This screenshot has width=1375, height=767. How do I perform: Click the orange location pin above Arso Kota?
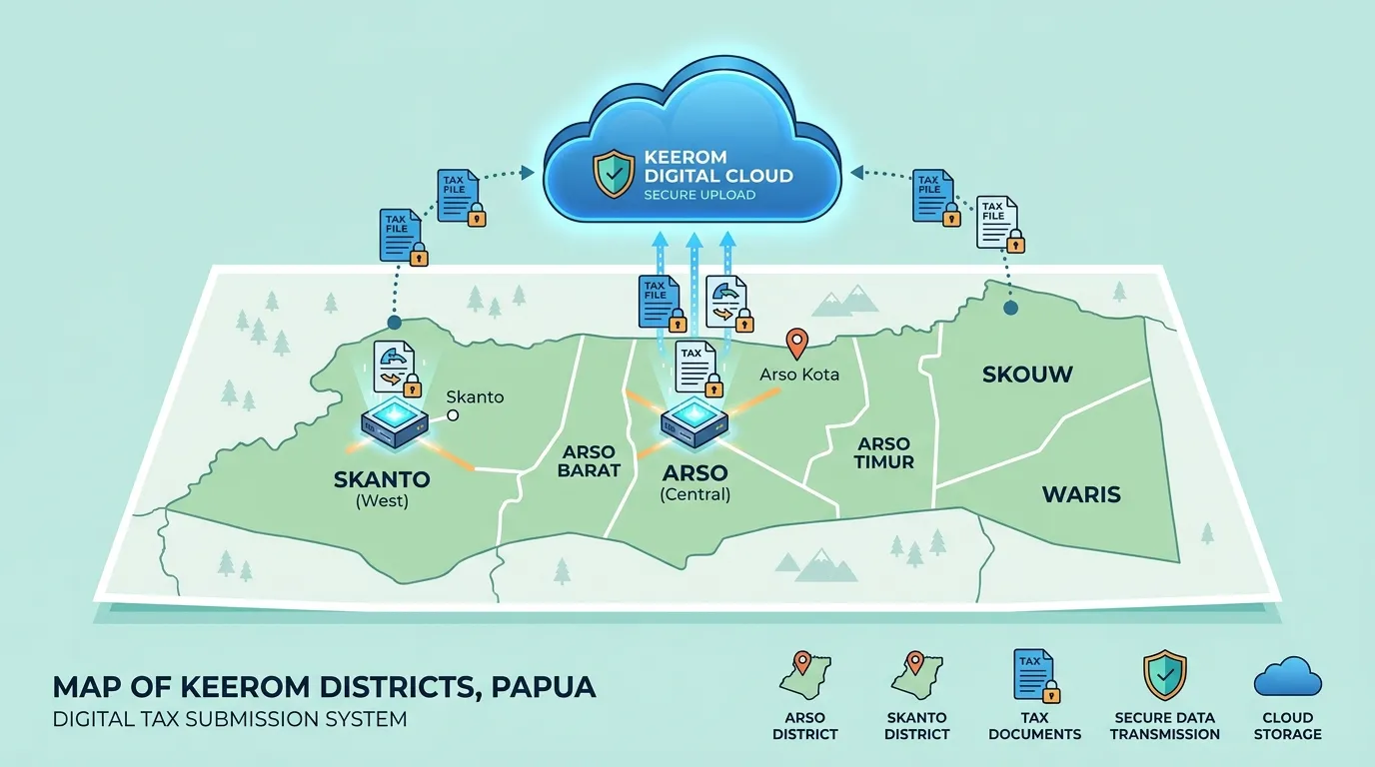tap(796, 343)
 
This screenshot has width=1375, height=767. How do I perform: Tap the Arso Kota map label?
tap(799, 375)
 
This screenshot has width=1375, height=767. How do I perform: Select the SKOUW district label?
tap(1027, 375)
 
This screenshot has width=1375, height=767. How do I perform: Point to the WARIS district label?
tap(1081, 494)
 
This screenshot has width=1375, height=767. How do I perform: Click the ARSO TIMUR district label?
tap(884, 452)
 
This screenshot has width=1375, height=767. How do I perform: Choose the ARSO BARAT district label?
tap(589, 461)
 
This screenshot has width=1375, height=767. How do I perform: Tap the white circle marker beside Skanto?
tap(453, 415)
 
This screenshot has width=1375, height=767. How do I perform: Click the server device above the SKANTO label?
tap(394, 422)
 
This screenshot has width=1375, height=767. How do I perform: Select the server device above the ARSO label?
tap(694, 422)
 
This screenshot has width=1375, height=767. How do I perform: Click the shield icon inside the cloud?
tap(614, 174)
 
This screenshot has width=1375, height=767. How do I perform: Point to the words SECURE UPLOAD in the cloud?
tap(699, 195)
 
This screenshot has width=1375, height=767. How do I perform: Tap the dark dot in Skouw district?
tap(1010, 308)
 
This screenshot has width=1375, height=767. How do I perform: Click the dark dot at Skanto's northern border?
tap(394, 323)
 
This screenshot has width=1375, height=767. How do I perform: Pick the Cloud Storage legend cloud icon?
tap(1287, 677)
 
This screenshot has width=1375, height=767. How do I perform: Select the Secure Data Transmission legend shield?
tap(1164, 675)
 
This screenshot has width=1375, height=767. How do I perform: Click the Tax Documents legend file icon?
tap(1036, 676)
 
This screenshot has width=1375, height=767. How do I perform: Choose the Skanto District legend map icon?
tap(916, 675)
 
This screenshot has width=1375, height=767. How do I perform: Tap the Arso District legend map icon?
tap(804, 675)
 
